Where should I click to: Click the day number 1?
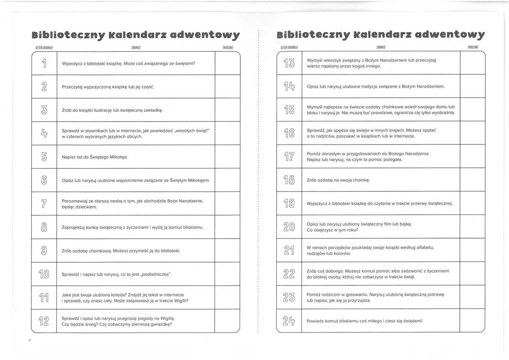click(44, 63)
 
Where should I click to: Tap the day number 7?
click(44, 203)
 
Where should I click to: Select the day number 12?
click(44, 321)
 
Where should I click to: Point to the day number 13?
click(289, 63)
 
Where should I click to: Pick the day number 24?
click(289, 321)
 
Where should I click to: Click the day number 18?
click(289, 180)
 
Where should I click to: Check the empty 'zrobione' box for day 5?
click(228, 157)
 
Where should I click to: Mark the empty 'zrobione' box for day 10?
click(228, 274)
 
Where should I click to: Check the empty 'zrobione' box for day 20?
click(472, 227)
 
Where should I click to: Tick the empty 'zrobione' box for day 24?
click(472, 321)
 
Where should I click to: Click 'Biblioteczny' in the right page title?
click(313, 35)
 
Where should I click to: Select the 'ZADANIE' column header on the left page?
click(136, 48)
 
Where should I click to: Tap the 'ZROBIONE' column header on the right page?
click(473, 47)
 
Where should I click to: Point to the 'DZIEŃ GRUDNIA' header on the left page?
click(44, 48)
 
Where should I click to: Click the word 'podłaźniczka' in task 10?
click(156, 274)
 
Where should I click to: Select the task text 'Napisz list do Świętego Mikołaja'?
click(95, 157)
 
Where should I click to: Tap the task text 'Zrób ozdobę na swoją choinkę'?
click(338, 180)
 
